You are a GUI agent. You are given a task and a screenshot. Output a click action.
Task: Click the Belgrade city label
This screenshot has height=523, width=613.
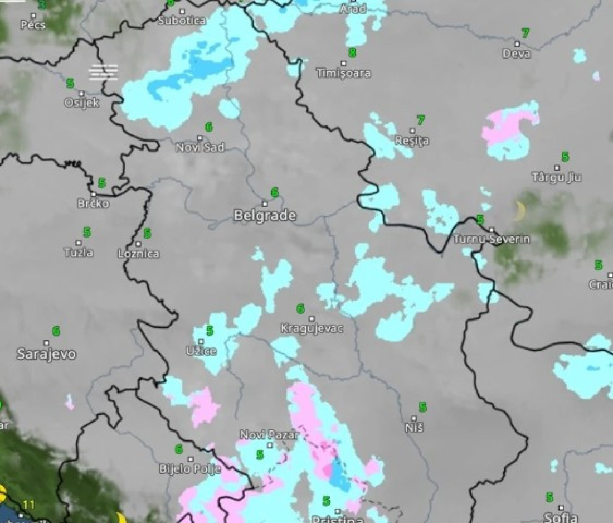(x=265, y=215)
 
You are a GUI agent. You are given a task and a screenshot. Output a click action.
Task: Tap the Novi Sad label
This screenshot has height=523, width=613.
(x=200, y=147)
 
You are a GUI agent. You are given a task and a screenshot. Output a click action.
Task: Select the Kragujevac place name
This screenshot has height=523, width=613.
(x=312, y=328)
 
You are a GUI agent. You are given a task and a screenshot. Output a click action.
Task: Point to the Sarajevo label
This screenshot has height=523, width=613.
(x=46, y=353)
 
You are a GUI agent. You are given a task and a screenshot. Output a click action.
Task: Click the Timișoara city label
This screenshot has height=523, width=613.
(x=343, y=73)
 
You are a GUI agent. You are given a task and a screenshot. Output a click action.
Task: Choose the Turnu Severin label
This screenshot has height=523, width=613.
(x=492, y=239)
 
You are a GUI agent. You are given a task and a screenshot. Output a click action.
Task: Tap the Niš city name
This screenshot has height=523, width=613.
(x=415, y=428)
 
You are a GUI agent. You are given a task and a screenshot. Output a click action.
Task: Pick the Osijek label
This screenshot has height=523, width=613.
(x=81, y=103)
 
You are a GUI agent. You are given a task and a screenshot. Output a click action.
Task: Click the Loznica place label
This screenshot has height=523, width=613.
(x=138, y=254)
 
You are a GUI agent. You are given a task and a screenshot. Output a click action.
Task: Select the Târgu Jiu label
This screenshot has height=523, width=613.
(x=556, y=177)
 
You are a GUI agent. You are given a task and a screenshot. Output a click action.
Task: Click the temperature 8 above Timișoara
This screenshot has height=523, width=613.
(x=352, y=53)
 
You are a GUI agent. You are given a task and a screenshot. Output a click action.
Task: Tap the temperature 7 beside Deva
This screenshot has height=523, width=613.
(x=525, y=33)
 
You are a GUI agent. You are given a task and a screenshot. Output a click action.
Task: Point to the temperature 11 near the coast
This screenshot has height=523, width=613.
(x=29, y=505)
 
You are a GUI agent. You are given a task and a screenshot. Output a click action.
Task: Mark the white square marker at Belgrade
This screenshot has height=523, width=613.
(x=265, y=204)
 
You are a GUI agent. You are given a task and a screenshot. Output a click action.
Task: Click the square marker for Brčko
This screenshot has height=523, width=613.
(x=93, y=194)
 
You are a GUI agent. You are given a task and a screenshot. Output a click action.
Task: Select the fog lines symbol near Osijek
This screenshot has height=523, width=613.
(x=103, y=72)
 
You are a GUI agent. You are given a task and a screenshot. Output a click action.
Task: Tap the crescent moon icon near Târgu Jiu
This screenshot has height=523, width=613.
(x=520, y=211)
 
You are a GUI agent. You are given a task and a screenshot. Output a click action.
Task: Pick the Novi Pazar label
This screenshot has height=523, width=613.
(x=269, y=435)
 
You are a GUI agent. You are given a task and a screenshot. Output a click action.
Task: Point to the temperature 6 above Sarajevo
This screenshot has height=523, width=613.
(x=56, y=331)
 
